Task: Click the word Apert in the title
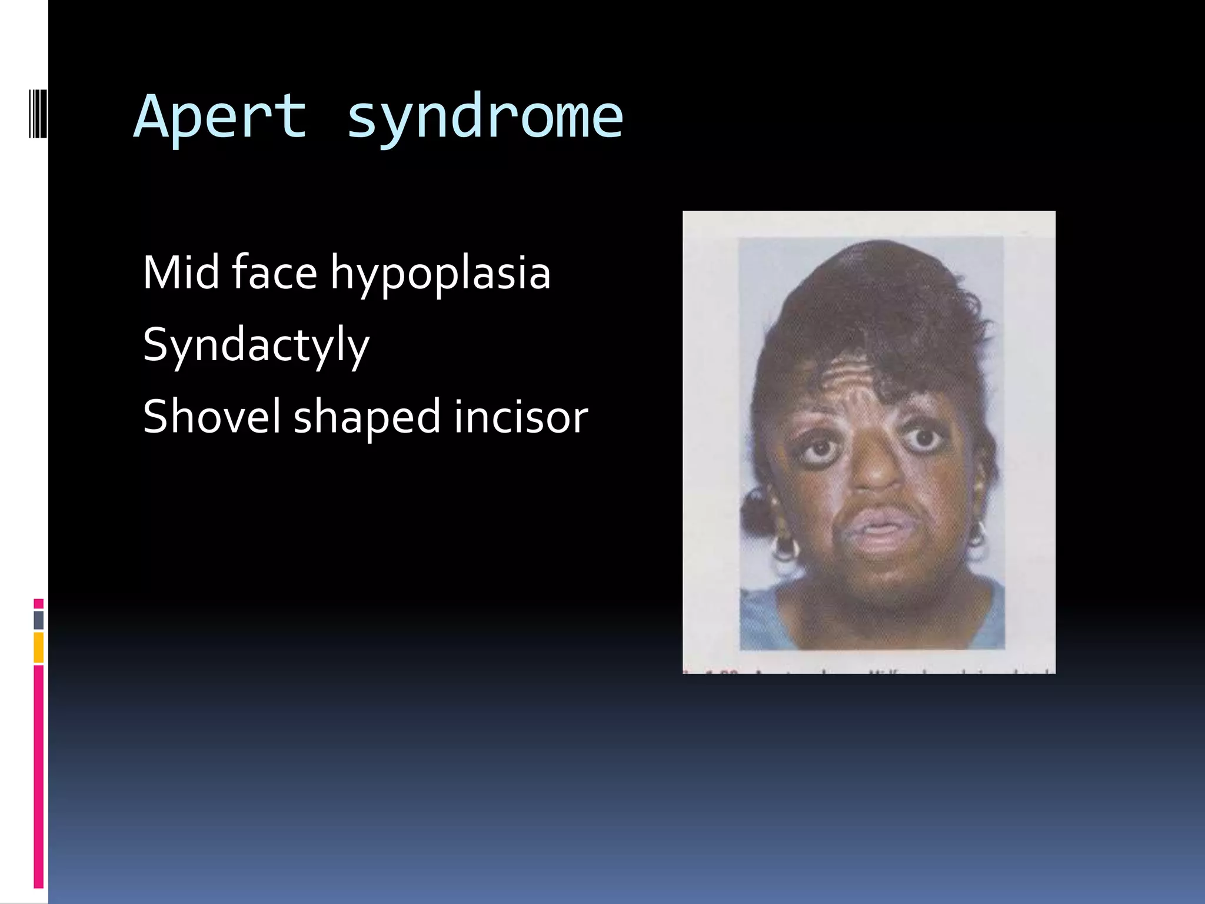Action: coord(221,118)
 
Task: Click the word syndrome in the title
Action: coord(485,118)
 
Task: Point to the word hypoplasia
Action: coord(440,274)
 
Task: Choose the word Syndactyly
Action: coord(256,346)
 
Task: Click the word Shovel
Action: coord(211,416)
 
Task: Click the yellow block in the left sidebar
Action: coord(39,647)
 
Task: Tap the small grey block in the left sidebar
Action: coord(39,620)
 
